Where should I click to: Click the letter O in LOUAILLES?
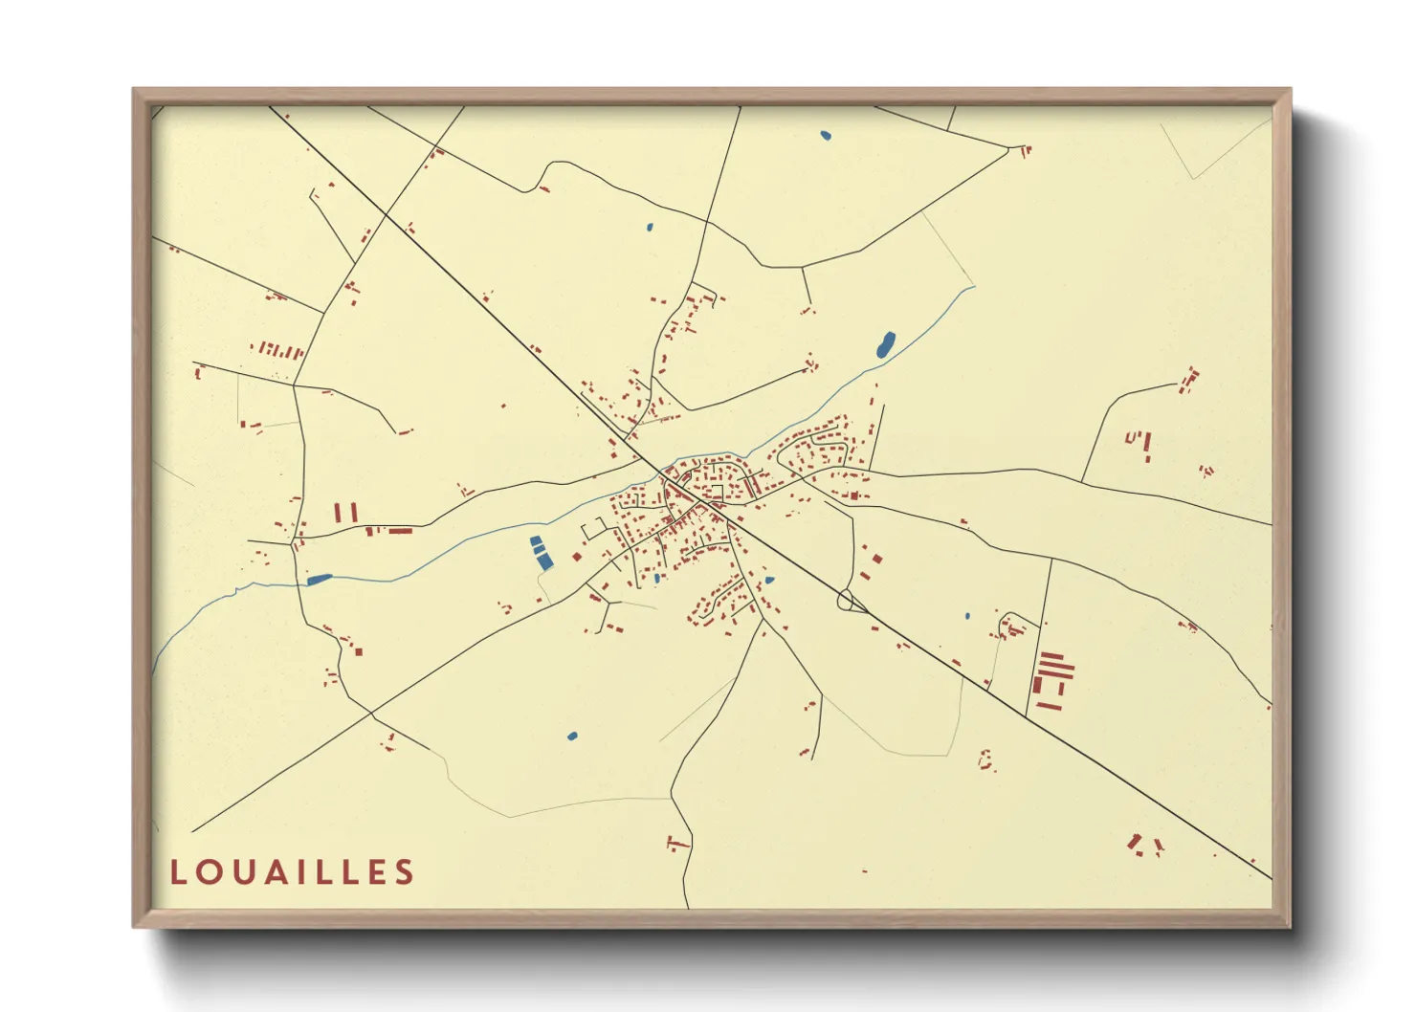[x=210, y=871]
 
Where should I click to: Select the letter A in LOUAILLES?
[x=278, y=871]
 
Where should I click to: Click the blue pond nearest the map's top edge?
[x=826, y=136]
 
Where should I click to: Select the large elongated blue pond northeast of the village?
[x=886, y=344]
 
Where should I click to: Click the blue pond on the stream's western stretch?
[x=319, y=579]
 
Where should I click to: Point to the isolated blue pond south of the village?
[x=572, y=736]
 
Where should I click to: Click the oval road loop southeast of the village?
[x=845, y=601]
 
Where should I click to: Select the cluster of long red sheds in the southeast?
[x=1051, y=679]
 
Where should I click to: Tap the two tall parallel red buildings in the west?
[x=346, y=513]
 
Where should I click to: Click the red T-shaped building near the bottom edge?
[x=677, y=843]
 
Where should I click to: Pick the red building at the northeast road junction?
[x=1025, y=150]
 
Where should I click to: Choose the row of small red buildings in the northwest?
[x=278, y=350]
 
